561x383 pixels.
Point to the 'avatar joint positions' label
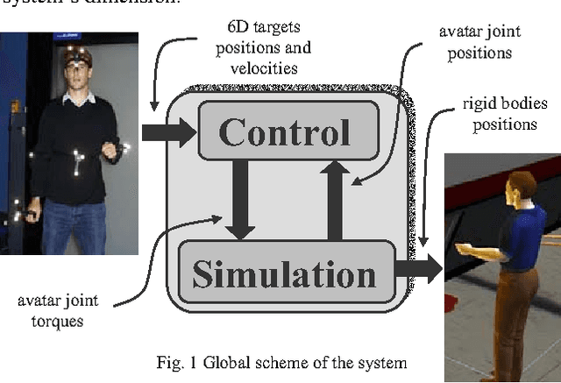479,40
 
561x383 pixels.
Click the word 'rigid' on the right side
479,103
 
